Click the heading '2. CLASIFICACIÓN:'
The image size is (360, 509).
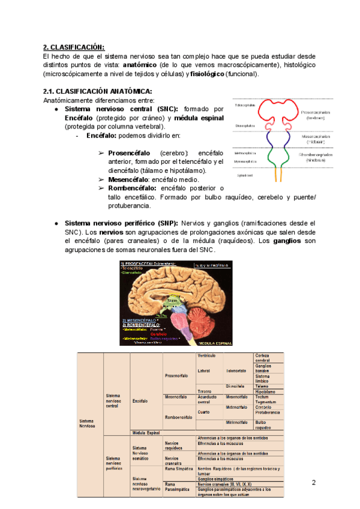(x=74, y=47)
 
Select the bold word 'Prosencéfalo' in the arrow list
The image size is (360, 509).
(x=129, y=153)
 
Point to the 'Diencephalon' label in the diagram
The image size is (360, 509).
(x=245, y=125)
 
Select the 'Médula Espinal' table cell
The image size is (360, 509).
(x=145, y=432)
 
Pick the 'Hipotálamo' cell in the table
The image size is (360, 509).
(x=265, y=391)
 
